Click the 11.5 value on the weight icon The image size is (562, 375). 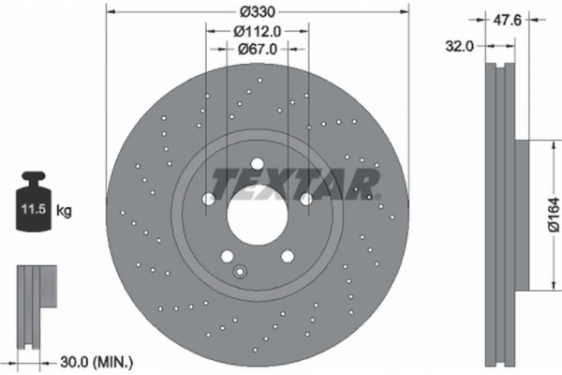click(30, 209)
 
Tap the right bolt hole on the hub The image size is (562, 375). click(306, 199)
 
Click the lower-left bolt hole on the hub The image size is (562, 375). click(225, 255)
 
